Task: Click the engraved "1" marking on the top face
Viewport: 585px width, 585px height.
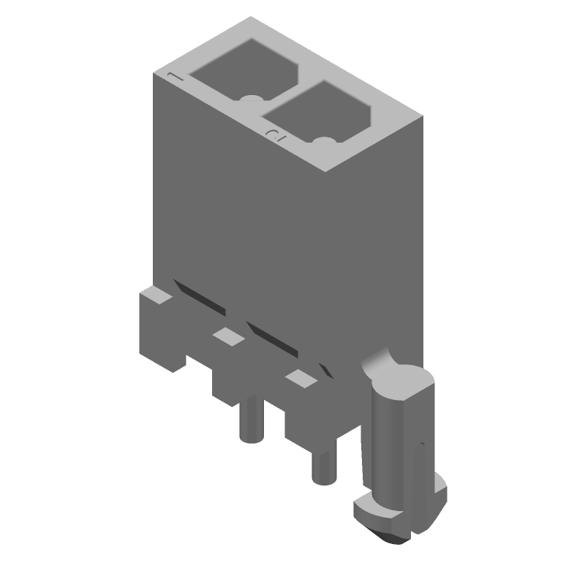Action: [172, 75]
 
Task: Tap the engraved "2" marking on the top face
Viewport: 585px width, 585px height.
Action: [274, 133]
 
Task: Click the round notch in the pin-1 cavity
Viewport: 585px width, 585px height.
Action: [252, 99]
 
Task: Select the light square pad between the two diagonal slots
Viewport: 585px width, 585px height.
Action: [227, 336]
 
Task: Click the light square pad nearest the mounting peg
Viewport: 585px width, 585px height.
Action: [299, 377]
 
